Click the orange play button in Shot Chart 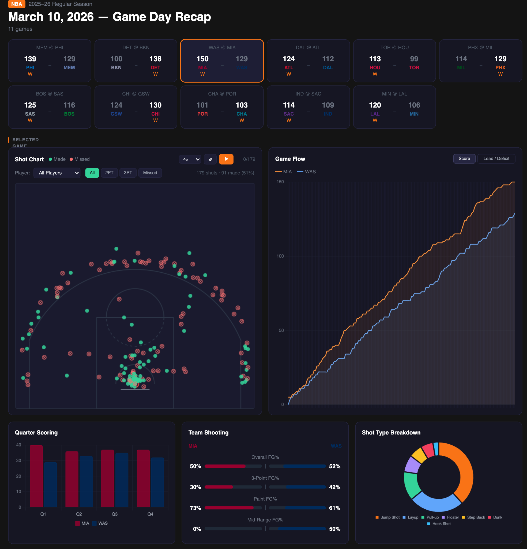tap(226, 159)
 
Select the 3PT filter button tap(128, 173)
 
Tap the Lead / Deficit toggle tap(496, 159)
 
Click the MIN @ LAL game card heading tap(394, 94)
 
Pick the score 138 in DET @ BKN tap(155, 59)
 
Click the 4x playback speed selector tap(190, 159)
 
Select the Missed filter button tap(150, 173)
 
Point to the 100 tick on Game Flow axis tap(280, 256)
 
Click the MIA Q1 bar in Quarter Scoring tap(36, 476)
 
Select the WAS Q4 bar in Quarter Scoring tap(157, 482)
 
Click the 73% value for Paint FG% tap(195, 508)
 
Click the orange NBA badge tap(17, 4)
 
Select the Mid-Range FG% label tap(265, 520)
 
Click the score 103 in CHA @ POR tap(241, 105)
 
